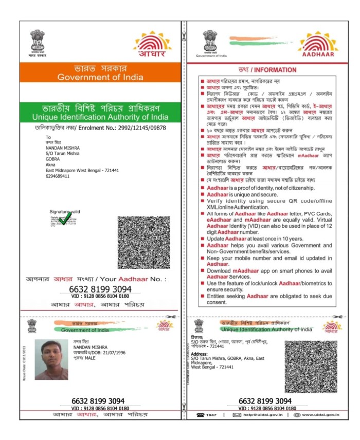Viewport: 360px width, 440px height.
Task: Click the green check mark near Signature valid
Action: [x=64, y=219]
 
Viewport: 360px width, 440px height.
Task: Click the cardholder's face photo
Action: [x=51, y=359]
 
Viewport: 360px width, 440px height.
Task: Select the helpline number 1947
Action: [x=211, y=414]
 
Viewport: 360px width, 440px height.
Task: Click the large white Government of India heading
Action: [x=100, y=77]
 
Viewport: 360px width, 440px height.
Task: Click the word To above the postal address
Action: [x=48, y=137]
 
